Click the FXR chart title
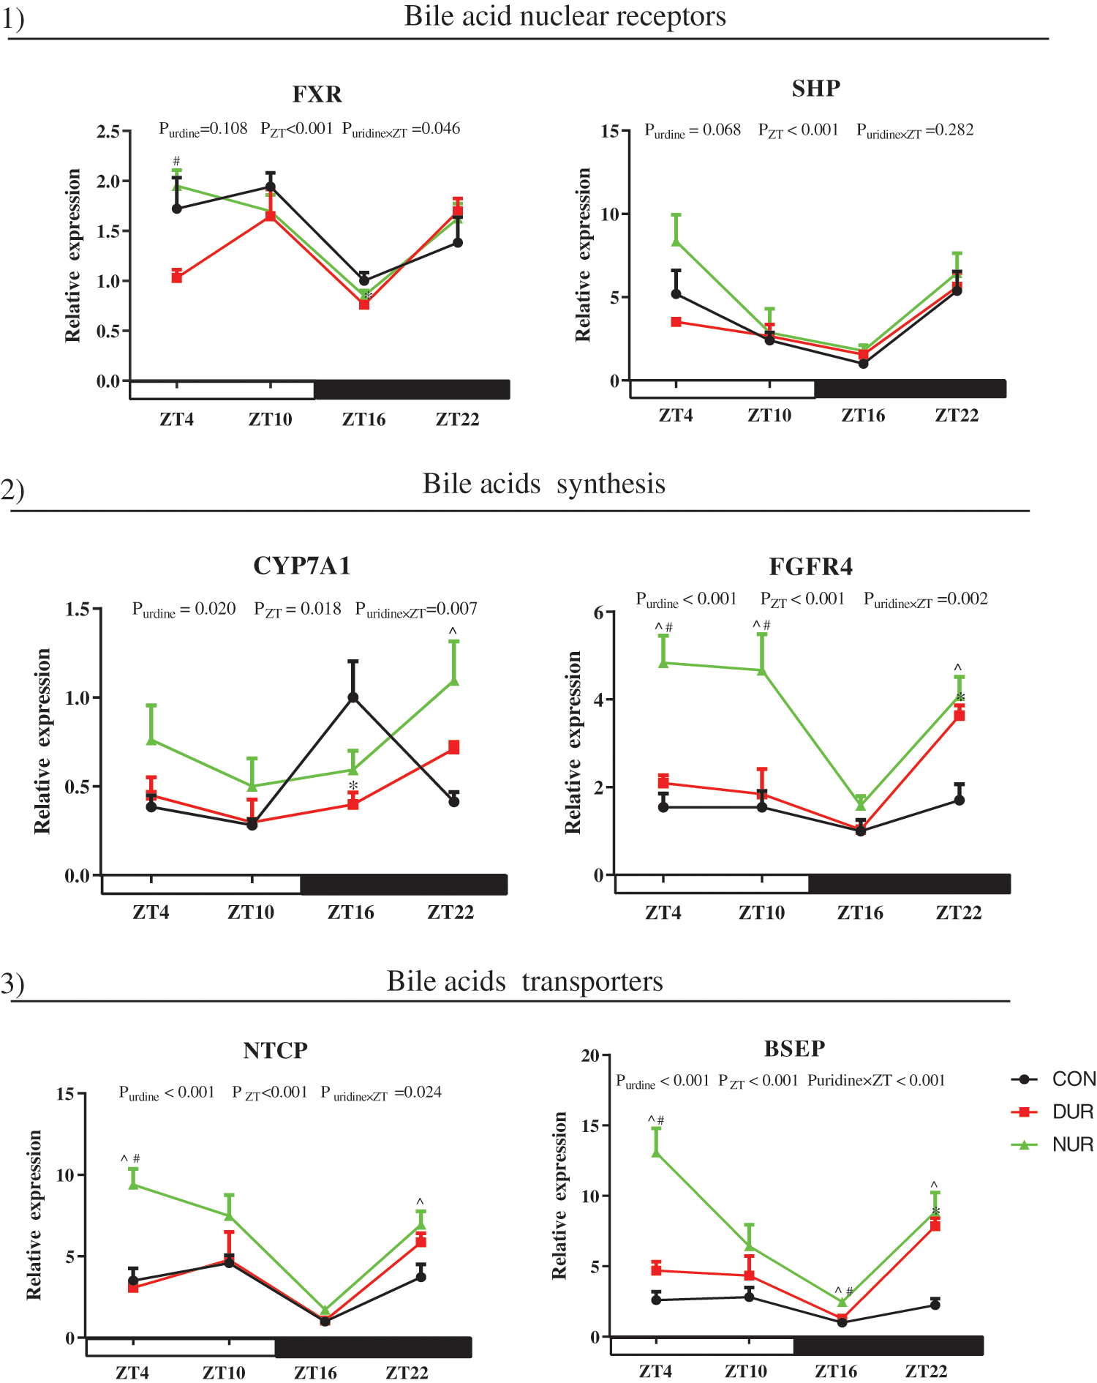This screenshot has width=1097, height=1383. tap(317, 94)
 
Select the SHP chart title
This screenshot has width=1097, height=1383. tap(815, 89)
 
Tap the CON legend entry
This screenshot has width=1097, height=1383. tap(1072, 1079)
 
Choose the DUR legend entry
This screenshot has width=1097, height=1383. tap(1072, 1112)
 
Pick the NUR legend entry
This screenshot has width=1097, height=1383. tap(1072, 1145)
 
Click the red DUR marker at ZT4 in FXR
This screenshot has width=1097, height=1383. tap(177, 277)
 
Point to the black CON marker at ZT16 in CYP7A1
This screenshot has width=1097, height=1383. tap(353, 697)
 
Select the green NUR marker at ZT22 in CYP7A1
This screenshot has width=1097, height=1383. tap(454, 681)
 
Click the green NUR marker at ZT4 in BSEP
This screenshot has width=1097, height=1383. tap(656, 1152)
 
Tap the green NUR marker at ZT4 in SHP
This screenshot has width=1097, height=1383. tap(676, 241)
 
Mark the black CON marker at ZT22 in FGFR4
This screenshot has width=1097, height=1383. tap(960, 800)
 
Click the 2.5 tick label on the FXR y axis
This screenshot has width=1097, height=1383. tap(108, 132)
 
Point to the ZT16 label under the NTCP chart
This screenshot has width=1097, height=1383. tap(315, 1372)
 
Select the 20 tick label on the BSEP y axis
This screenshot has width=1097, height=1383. tap(589, 1056)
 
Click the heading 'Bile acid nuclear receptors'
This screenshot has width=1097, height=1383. tap(565, 16)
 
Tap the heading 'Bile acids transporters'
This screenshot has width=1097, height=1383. tap(524, 981)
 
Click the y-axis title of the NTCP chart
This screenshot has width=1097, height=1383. tap(34, 1215)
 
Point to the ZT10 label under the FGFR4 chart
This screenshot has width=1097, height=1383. tap(761, 912)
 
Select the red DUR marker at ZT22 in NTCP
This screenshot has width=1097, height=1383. tap(421, 1242)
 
